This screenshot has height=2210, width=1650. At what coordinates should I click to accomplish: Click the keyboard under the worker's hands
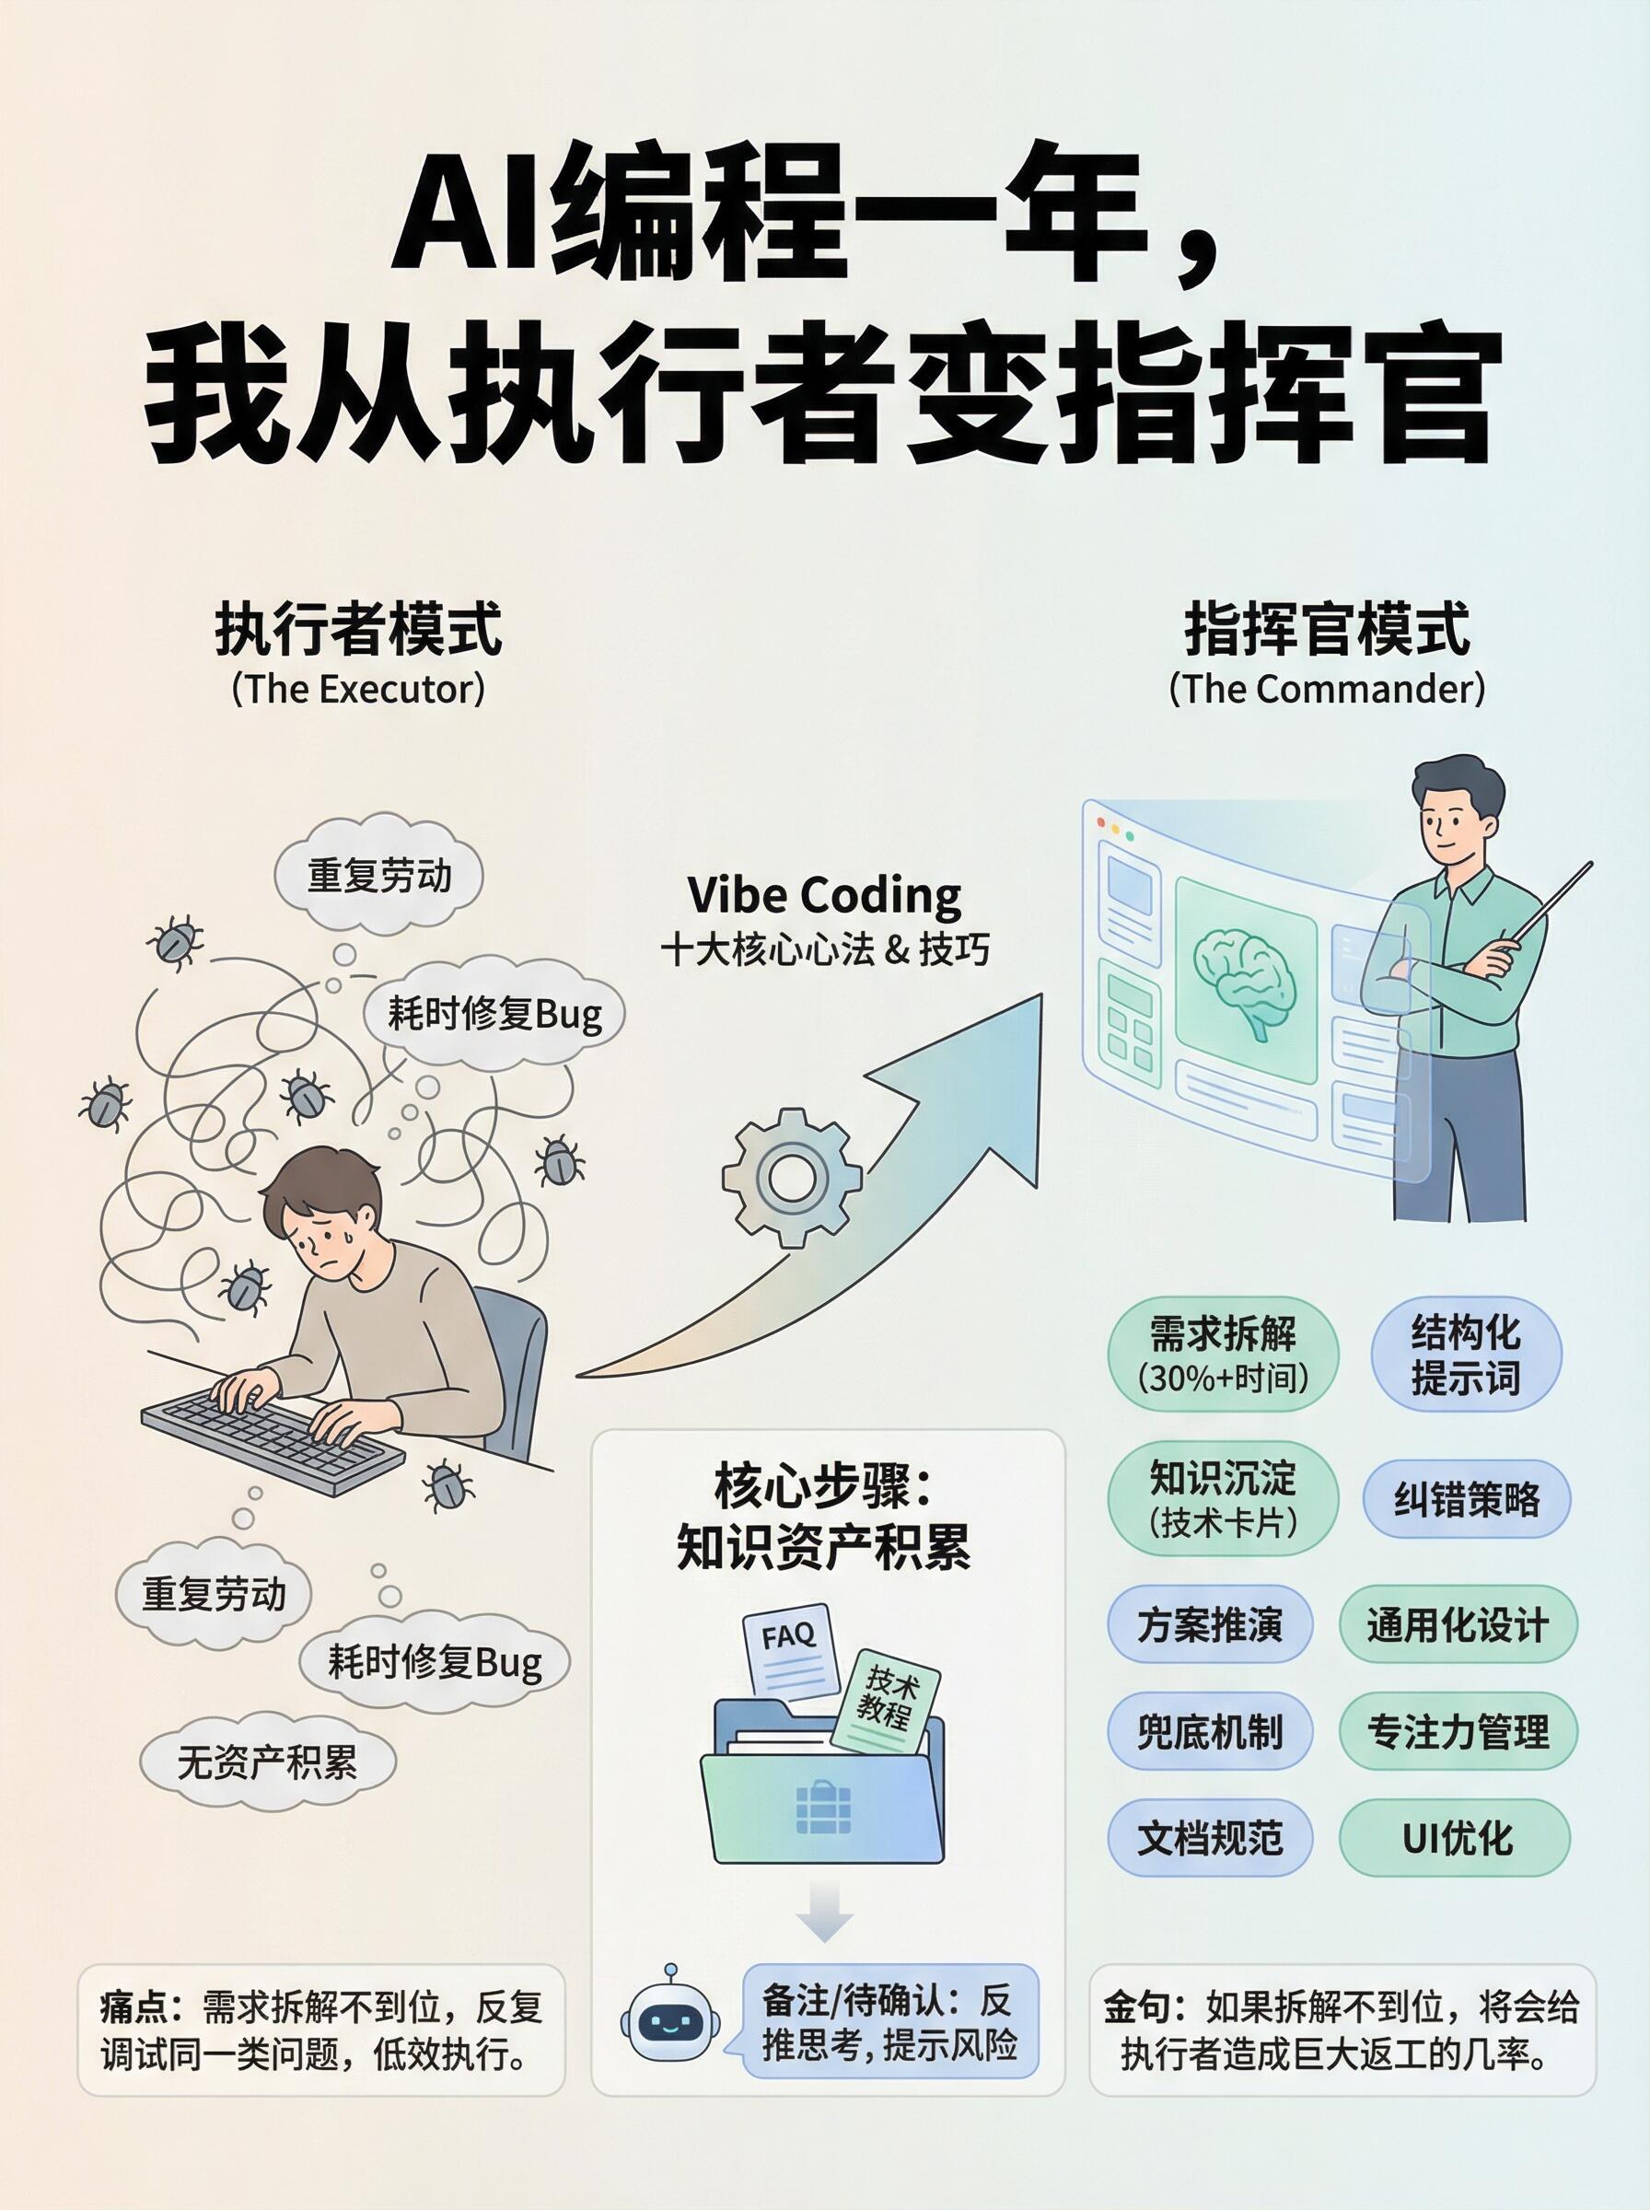pos(273,1430)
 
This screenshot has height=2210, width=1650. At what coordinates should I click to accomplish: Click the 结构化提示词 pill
pos(1465,1355)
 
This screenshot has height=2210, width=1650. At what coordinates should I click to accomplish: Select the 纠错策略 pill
pos(1466,1500)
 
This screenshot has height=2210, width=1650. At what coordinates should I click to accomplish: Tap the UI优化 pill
pos(1458,1837)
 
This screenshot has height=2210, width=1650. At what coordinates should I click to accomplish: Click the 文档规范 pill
pos(1209,1837)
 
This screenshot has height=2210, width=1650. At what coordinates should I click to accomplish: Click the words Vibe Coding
pos(824,895)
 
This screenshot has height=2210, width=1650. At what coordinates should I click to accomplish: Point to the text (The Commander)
pos(1327,689)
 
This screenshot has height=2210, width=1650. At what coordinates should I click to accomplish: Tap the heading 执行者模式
pos(357,629)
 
